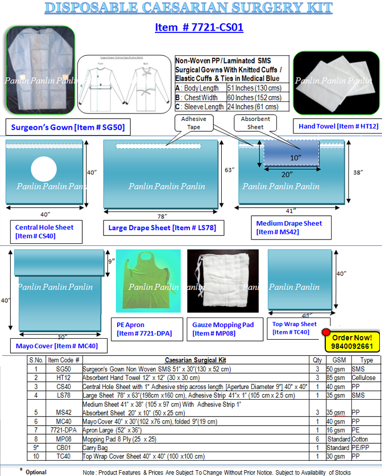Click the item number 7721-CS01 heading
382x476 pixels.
[199, 27]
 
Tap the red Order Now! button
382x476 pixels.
[352, 337]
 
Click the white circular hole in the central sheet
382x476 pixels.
[44, 170]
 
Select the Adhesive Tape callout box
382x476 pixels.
[194, 123]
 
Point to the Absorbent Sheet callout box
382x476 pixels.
[255, 123]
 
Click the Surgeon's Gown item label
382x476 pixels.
[67, 127]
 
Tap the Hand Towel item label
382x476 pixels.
[332, 126]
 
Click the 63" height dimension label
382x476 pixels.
[229, 170]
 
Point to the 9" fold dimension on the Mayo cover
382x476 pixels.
[111, 261]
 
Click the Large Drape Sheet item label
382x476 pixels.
[162, 228]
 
